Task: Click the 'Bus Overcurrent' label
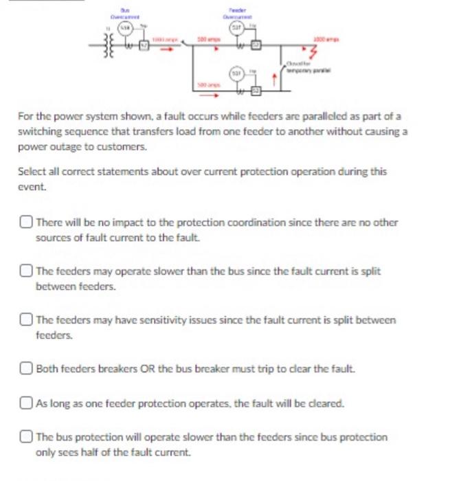(126, 12)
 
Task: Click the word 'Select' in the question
(30, 172)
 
